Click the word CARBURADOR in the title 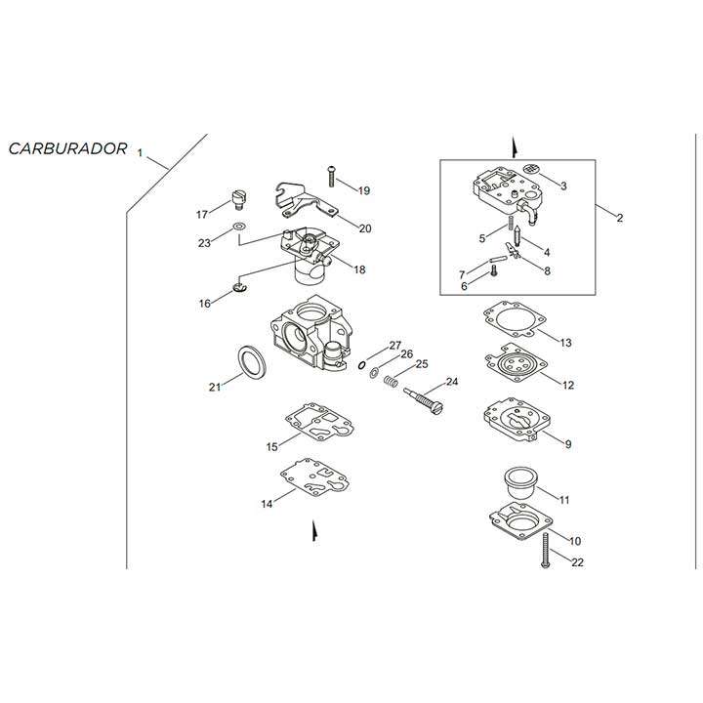pos(67,148)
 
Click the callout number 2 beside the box pos(619,218)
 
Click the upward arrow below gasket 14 pos(313,533)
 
